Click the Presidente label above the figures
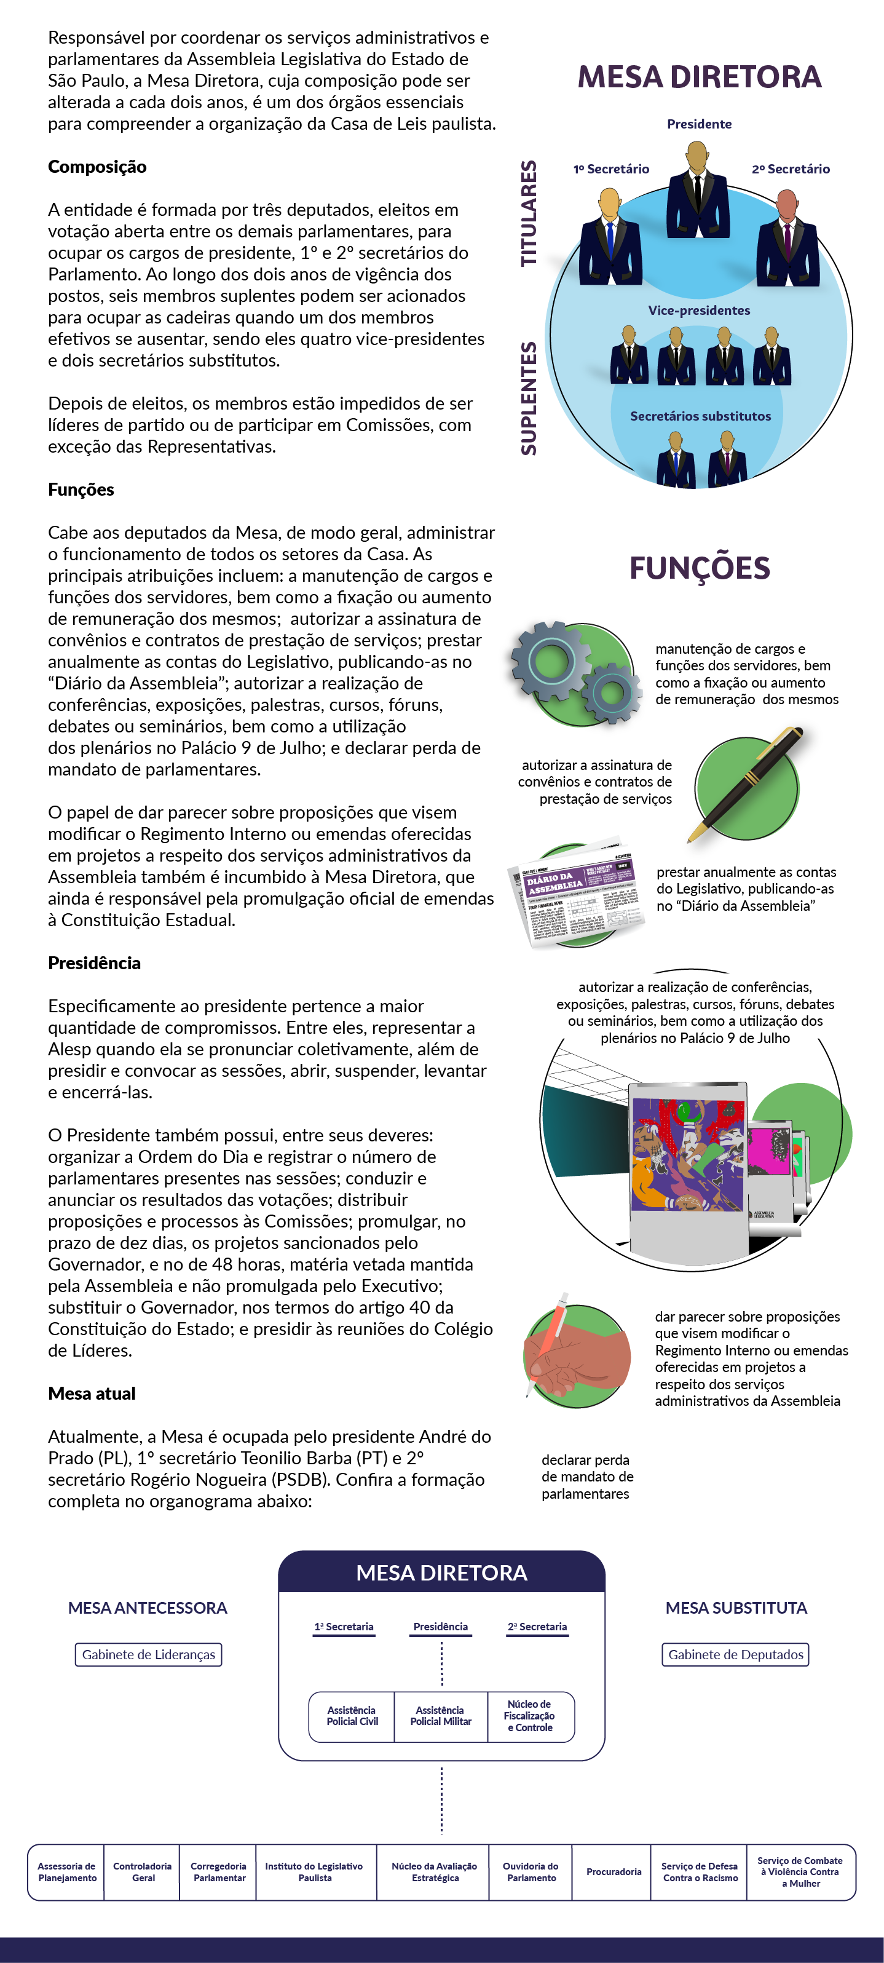click(x=699, y=124)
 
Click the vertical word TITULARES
click(x=528, y=213)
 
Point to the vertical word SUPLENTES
click(x=528, y=398)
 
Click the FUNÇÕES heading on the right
click(x=699, y=568)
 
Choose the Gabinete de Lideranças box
click(x=149, y=1654)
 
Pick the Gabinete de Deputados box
click(x=735, y=1654)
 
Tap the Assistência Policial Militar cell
click(x=441, y=1716)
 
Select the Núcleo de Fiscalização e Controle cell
click(x=531, y=1716)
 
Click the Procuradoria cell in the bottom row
click(x=614, y=1871)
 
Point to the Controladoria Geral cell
click(x=143, y=1871)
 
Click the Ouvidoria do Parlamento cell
click(x=531, y=1871)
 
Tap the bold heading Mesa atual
click(x=92, y=1394)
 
